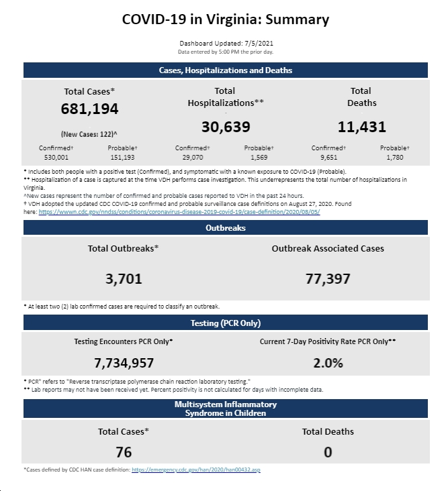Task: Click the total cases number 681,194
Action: pos(89,109)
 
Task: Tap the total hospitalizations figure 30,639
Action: pos(226,127)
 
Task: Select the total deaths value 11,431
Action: pos(362,127)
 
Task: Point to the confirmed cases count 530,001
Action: pos(56,157)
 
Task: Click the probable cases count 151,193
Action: pos(122,157)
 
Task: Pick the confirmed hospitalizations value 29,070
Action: pos(193,157)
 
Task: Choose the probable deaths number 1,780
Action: pos(395,157)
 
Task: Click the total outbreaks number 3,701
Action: pos(124,278)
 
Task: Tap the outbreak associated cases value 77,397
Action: pos(328,278)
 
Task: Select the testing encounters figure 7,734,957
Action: pos(124,363)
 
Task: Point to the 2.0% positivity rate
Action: pos(328,363)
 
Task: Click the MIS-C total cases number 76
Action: pos(124,452)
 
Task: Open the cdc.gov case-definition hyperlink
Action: pos(179,212)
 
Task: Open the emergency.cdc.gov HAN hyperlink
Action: pos(196,470)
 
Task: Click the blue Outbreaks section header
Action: pos(226,227)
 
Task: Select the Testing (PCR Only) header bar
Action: pos(226,323)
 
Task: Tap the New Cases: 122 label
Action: pos(89,134)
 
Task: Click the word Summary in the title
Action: pos(297,19)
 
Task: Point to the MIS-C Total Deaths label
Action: pos(328,431)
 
